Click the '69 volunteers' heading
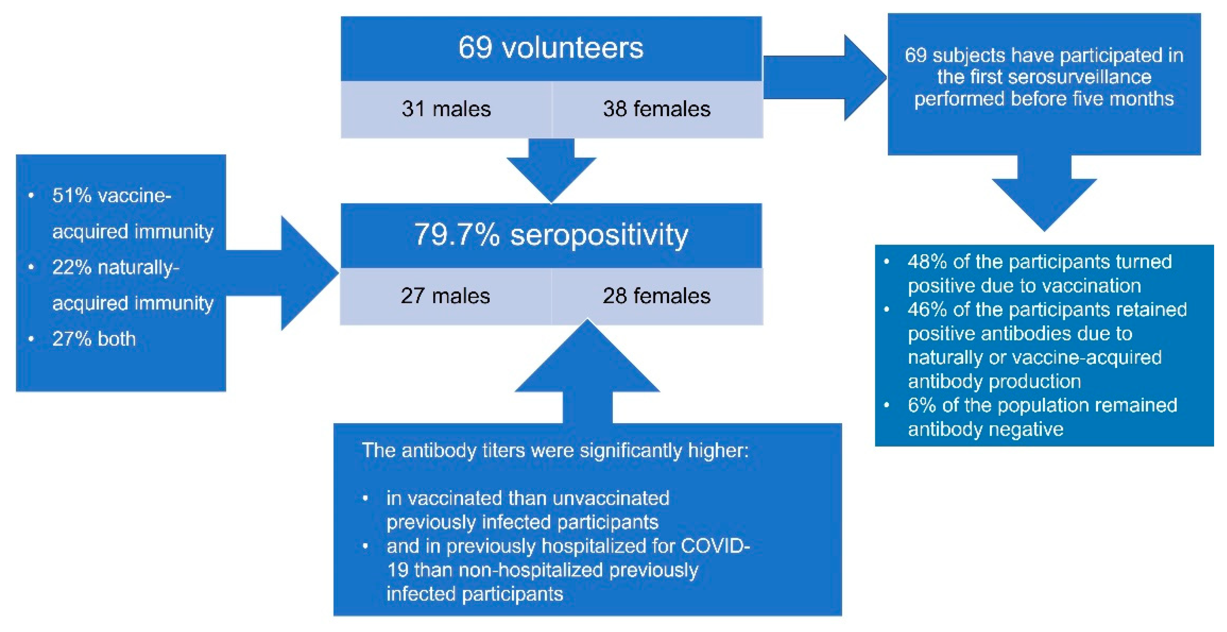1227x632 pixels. point(551,48)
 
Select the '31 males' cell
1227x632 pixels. point(446,109)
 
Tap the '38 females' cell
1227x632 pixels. point(656,109)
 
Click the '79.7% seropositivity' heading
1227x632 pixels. point(551,235)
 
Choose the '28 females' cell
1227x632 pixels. point(656,296)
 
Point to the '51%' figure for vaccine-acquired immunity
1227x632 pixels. point(72,196)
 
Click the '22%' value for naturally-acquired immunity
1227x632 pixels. point(72,268)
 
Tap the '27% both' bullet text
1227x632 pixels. point(94,339)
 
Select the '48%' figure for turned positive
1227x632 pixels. point(927,262)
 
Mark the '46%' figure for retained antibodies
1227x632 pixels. point(927,309)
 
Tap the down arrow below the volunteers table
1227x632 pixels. point(551,172)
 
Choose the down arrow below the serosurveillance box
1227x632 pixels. point(1044,196)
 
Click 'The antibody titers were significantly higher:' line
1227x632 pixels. point(555,451)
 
